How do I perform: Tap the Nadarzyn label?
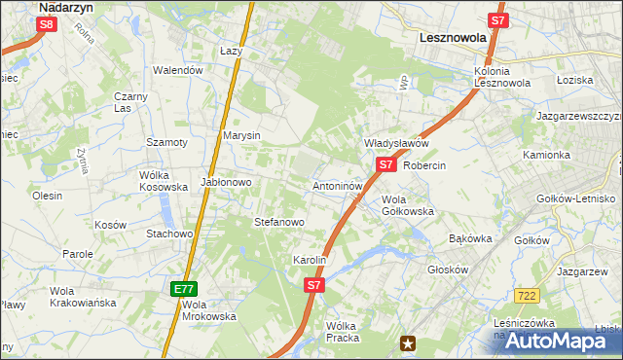(64, 7)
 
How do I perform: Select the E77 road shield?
(185, 289)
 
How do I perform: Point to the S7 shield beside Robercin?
(385, 164)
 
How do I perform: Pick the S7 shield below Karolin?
(313, 285)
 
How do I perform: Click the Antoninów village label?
(338, 185)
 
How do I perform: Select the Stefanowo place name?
(279, 222)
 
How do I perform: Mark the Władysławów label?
(396, 143)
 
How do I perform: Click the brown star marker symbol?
(409, 342)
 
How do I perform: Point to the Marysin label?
(241, 135)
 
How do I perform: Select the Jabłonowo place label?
(226, 181)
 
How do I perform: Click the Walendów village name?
(178, 70)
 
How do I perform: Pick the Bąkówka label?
(471, 237)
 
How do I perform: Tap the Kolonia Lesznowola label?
(502, 77)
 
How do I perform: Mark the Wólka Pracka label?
(343, 331)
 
